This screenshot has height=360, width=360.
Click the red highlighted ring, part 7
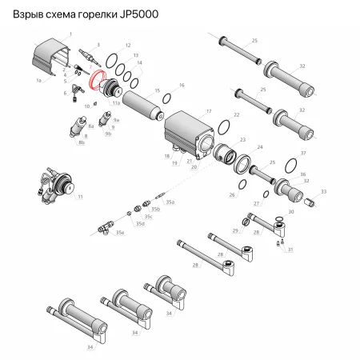[x=101, y=82]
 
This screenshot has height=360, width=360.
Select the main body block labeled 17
[x=189, y=132]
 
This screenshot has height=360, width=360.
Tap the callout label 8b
[x=80, y=143]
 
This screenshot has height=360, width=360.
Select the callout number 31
[x=290, y=250]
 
